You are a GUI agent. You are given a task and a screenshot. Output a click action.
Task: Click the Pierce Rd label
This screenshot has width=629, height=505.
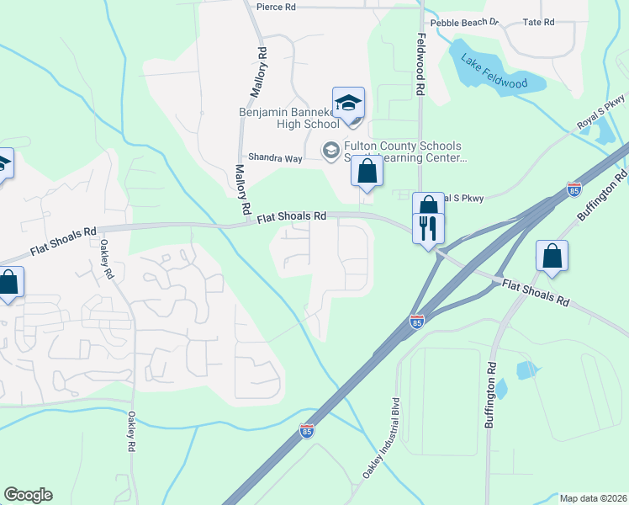[277, 6]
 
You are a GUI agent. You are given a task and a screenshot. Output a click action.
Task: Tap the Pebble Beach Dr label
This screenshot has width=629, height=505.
[464, 23]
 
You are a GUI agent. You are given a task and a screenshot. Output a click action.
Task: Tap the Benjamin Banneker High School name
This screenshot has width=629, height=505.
[288, 118]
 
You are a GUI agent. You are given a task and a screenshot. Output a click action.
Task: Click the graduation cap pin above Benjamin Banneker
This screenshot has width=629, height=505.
[348, 103]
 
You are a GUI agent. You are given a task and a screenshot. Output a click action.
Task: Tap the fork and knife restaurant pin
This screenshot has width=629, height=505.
[428, 226]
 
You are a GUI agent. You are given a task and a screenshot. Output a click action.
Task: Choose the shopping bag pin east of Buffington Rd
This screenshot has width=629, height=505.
[552, 258]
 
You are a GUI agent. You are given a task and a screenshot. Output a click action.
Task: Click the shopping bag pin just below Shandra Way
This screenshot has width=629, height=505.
[367, 172]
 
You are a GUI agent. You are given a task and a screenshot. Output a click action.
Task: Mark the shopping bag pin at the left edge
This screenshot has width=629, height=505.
[8, 283]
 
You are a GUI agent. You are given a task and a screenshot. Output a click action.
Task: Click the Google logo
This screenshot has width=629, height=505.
[28, 494]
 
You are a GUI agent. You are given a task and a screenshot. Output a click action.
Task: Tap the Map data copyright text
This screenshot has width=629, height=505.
[593, 497]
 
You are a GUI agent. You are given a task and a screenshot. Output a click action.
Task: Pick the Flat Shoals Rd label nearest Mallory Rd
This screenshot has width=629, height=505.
[290, 216]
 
